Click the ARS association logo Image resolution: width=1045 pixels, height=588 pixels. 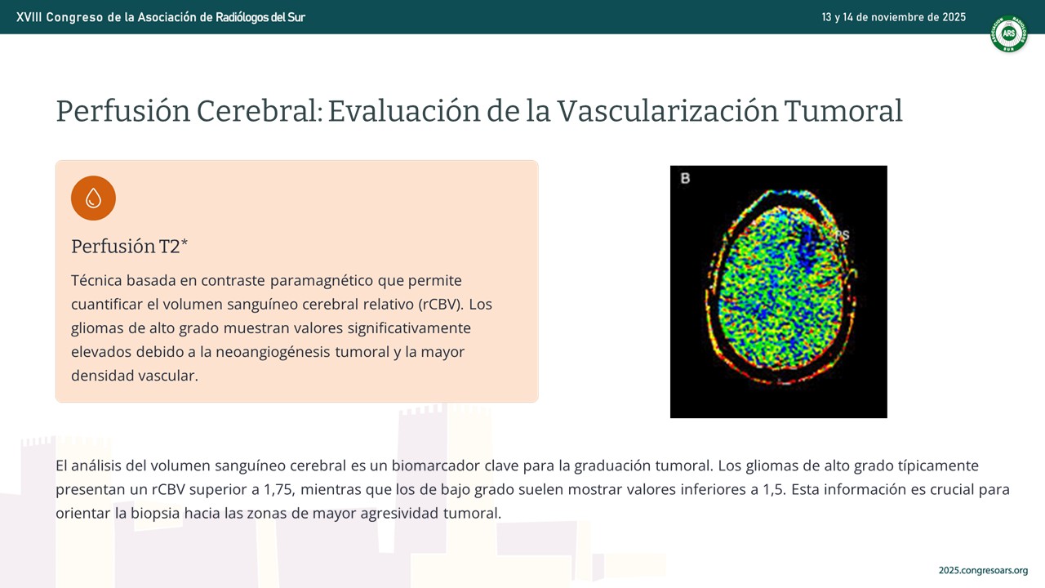pos(1008,33)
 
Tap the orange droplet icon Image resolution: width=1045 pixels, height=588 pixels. pos(93,198)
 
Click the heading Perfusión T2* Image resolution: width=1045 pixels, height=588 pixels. pos(129,247)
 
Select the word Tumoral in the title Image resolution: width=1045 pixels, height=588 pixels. pos(843,111)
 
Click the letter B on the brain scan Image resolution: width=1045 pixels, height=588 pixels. pos(685,178)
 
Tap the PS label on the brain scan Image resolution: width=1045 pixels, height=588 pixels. pos(842,234)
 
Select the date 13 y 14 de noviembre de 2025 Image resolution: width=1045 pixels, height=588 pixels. pos(894,17)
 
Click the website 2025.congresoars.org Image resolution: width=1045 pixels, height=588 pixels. pos(984,570)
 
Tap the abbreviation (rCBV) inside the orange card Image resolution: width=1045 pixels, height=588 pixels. pos(440,305)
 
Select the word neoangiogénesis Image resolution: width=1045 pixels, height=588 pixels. pos(273,352)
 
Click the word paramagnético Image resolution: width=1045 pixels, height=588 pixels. pos(322,281)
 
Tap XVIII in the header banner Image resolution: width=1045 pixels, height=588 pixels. pos(29,17)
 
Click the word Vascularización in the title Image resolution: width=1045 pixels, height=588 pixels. pos(667,111)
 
